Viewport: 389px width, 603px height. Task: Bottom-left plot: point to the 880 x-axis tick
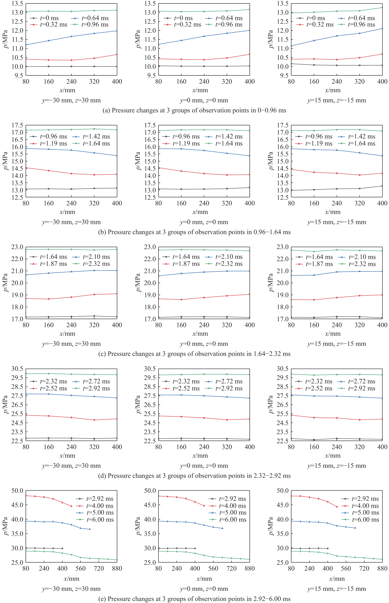click(x=117, y=568)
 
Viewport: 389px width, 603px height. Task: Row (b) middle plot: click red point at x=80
click(x=159, y=168)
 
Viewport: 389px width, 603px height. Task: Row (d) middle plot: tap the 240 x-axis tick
click(x=204, y=447)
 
